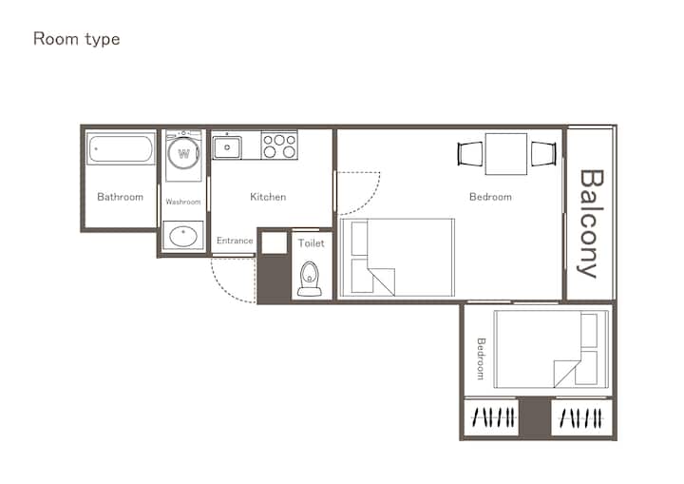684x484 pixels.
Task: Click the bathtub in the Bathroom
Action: click(x=121, y=148)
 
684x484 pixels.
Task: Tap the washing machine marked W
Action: click(x=184, y=153)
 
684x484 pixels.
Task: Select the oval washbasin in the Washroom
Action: click(x=183, y=237)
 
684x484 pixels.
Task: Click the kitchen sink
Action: click(x=227, y=147)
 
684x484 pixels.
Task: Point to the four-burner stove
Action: click(x=279, y=145)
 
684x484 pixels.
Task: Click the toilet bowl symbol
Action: click(x=310, y=280)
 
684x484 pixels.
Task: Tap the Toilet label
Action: click(x=311, y=243)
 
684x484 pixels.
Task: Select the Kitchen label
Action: click(x=268, y=197)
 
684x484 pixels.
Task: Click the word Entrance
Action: click(x=235, y=241)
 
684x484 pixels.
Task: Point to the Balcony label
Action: click(x=591, y=223)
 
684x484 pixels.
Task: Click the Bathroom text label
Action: click(x=120, y=197)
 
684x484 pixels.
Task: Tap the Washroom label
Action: click(x=183, y=202)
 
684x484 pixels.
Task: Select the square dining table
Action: click(x=506, y=154)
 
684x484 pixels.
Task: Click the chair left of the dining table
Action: click(x=470, y=154)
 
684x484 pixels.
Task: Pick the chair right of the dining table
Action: click(x=543, y=154)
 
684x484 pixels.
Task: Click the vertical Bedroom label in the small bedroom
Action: click(x=481, y=358)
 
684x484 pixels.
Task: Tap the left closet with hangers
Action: click(x=491, y=417)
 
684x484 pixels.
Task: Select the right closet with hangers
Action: click(x=581, y=417)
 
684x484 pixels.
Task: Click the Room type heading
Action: click(x=76, y=39)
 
